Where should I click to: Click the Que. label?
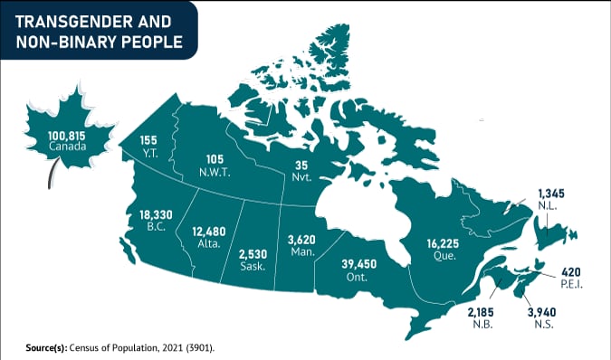click(442, 256)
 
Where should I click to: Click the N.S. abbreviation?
click(542, 325)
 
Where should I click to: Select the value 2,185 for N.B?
click(482, 312)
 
